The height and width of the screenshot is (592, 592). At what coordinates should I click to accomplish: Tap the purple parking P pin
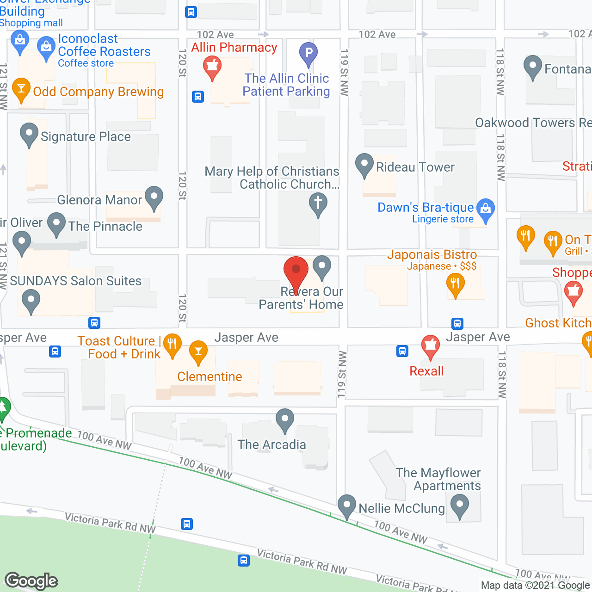[308, 53]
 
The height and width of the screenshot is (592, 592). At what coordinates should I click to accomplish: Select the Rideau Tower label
[415, 167]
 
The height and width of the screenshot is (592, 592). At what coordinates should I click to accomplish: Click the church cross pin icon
[318, 203]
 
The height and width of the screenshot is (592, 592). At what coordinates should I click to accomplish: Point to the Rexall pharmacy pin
[431, 346]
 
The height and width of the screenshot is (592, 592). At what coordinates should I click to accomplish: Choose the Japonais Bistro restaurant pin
[456, 284]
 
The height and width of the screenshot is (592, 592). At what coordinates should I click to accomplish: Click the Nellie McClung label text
[401, 508]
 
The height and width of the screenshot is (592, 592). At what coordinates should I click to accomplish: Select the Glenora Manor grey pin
[154, 197]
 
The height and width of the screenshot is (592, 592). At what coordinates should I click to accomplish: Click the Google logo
[31, 581]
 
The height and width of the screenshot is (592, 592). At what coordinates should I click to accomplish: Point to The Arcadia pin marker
[285, 420]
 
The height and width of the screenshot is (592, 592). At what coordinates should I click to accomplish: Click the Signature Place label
[86, 136]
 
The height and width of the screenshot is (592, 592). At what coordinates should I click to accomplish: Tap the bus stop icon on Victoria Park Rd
[187, 524]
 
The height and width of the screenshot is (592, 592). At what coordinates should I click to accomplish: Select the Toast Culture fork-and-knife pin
[173, 345]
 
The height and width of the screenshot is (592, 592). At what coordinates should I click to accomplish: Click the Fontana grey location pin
[533, 67]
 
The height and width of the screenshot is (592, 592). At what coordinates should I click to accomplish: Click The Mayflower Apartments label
[438, 479]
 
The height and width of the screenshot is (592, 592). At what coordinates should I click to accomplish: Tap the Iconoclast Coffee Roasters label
[104, 45]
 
